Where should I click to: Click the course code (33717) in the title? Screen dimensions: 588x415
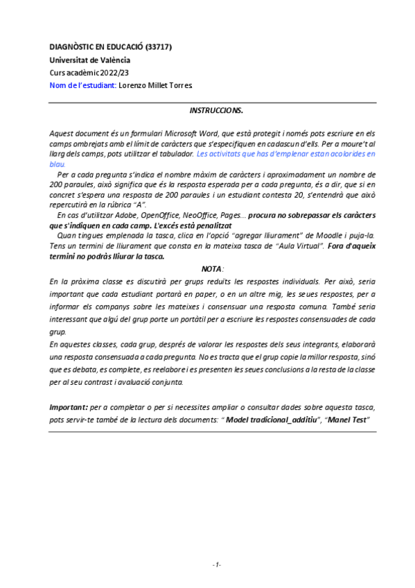click(x=158, y=47)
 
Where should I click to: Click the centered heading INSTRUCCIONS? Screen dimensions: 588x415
click(x=216, y=111)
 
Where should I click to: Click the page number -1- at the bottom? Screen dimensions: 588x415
click(x=216, y=564)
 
